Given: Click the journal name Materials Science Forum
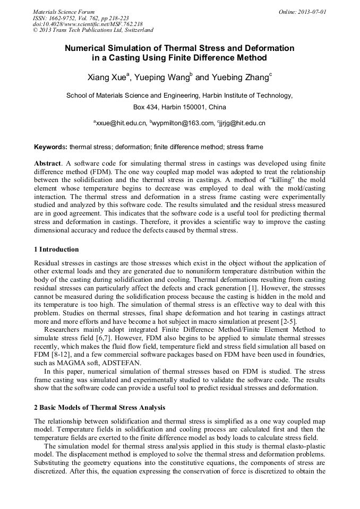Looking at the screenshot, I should pyautogui.click(x=64, y=11).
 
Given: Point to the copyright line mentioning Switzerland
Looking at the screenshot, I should pyautogui.click(x=93, y=30).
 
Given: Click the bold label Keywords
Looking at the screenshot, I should pyautogui.click(x=50, y=146).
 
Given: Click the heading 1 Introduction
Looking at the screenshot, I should pyautogui.click(x=56, y=249).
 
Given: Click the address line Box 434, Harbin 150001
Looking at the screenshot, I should pyautogui.click(x=179, y=107).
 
